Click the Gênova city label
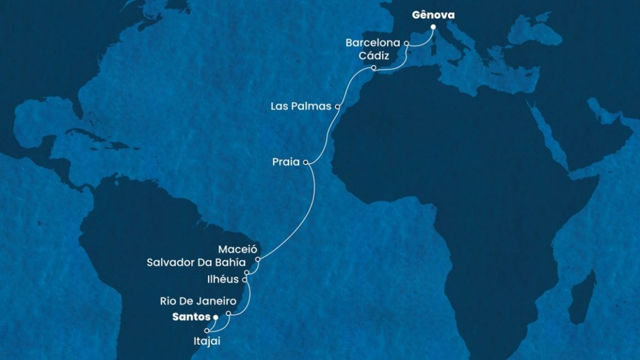pyautogui.click(x=433, y=15)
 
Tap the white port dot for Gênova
pyautogui.click(x=433, y=27)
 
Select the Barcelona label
pyautogui.click(x=373, y=42)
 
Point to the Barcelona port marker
pyautogui.click(x=407, y=42)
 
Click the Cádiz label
pyautogui.click(x=374, y=56)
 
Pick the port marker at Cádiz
pyautogui.click(x=374, y=68)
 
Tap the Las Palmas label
pyautogui.click(x=301, y=106)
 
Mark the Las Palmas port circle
pyautogui.click(x=338, y=106)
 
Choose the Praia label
pyautogui.click(x=286, y=163)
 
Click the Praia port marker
pyautogui.click(x=306, y=163)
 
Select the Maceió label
pyautogui.click(x=238, y=249)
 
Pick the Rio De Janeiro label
pyautogui.click(x=198, y=302)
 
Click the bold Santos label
pyautogui.click(x=191, y=318)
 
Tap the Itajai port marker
pyautogui.click(x=207, y=330)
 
